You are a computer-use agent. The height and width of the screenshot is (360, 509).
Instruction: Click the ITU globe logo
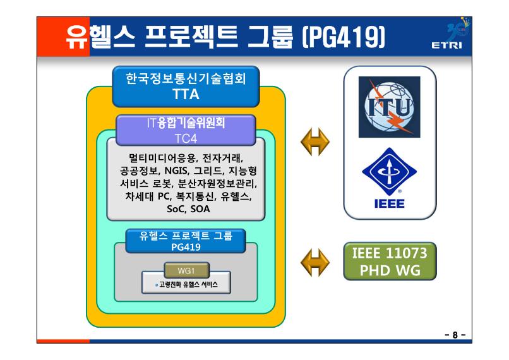(389, 107)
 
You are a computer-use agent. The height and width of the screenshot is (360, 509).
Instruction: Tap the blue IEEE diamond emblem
(389, 171)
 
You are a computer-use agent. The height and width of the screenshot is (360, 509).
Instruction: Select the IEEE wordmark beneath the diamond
(389, 203)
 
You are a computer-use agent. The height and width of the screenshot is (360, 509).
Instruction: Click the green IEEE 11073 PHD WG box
(390, 261)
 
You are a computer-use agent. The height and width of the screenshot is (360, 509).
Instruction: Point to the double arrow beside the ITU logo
(315, 142)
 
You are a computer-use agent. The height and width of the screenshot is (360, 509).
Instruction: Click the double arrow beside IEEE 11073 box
(315, 263)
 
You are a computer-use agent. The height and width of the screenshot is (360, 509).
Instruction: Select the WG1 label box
(187, 270)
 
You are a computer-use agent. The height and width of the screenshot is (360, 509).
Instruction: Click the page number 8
(455, 335)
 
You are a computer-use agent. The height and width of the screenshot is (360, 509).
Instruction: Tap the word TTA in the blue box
(186, 94)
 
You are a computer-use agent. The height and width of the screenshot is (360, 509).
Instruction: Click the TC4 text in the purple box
(186, 138)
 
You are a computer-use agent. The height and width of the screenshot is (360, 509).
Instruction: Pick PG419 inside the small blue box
(186, 247)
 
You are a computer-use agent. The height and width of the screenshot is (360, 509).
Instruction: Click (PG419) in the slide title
(343, 37)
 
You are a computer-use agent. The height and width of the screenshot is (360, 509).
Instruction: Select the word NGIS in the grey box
(176, 171)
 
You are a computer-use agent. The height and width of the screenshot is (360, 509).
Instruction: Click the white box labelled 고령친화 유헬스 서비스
(186, 283)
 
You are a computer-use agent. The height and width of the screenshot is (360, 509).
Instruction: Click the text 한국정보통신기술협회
(186, 78)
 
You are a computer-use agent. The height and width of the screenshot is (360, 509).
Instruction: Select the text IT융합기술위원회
(186, 123)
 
